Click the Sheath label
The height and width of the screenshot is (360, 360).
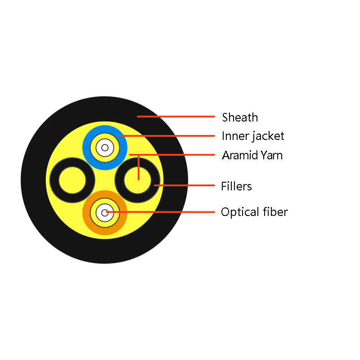point(240,117)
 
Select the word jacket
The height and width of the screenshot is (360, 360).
point(268,136)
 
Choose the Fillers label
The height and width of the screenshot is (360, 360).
point(237,186)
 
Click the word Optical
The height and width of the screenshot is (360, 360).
point(240,212)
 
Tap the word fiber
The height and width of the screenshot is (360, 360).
point(275,211)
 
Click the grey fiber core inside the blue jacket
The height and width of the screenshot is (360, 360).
point(105,148)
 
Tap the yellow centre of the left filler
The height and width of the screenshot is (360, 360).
point(72,180)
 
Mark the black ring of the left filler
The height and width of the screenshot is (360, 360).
point(54,180)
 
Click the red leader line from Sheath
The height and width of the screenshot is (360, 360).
point(176,117)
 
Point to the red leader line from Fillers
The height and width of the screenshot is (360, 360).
point(184,185)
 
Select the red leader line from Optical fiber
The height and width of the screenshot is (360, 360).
point(161,212)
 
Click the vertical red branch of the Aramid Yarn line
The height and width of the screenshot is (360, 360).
point(139,167)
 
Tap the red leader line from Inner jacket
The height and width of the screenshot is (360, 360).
point(167,136)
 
